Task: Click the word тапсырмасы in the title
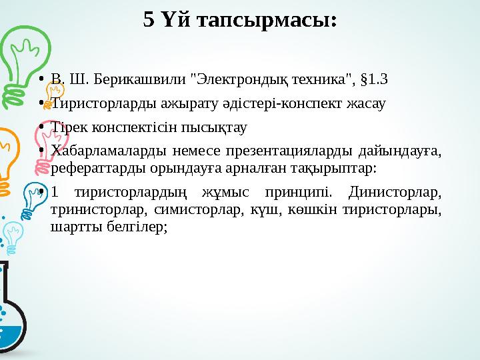click(280, 20)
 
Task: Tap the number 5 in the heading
click(149, 20)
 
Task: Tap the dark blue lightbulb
click(33, 194)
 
